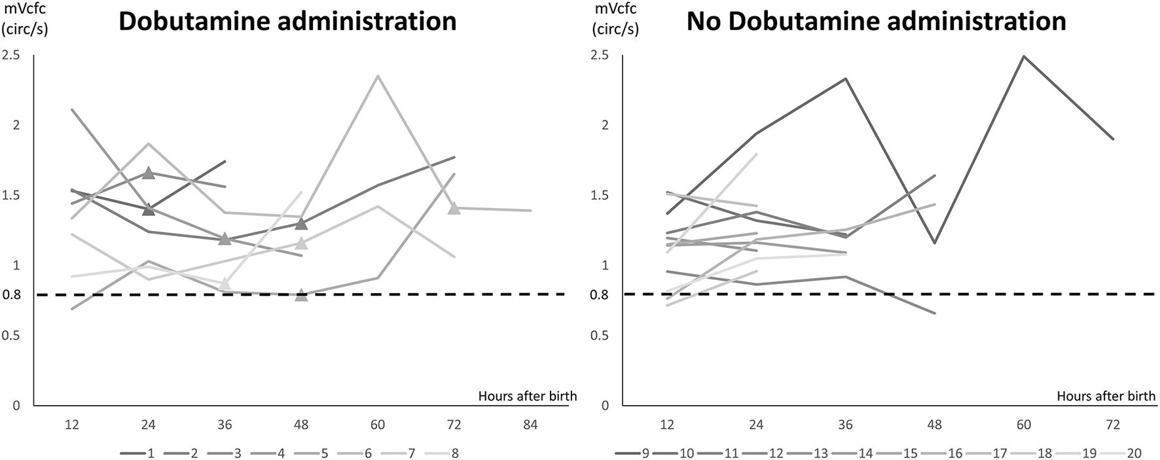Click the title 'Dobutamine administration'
coord(287,22)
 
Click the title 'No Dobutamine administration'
coord(876,22)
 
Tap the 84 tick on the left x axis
coord(530,425)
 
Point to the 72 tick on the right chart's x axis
coord(1113,425)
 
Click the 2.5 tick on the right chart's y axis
coord(600,56)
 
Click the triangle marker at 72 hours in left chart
coord(454,208)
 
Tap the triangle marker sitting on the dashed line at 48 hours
coord(301,295)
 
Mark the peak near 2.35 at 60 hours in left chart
coord(378,76)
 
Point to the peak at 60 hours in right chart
coord(1024,56)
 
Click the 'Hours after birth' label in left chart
coord(527,396)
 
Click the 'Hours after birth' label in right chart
coord(1106,396)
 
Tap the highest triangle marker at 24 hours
coord(149,173)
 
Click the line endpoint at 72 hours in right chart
coord(1113,139)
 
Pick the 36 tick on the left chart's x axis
coord(225,425)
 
